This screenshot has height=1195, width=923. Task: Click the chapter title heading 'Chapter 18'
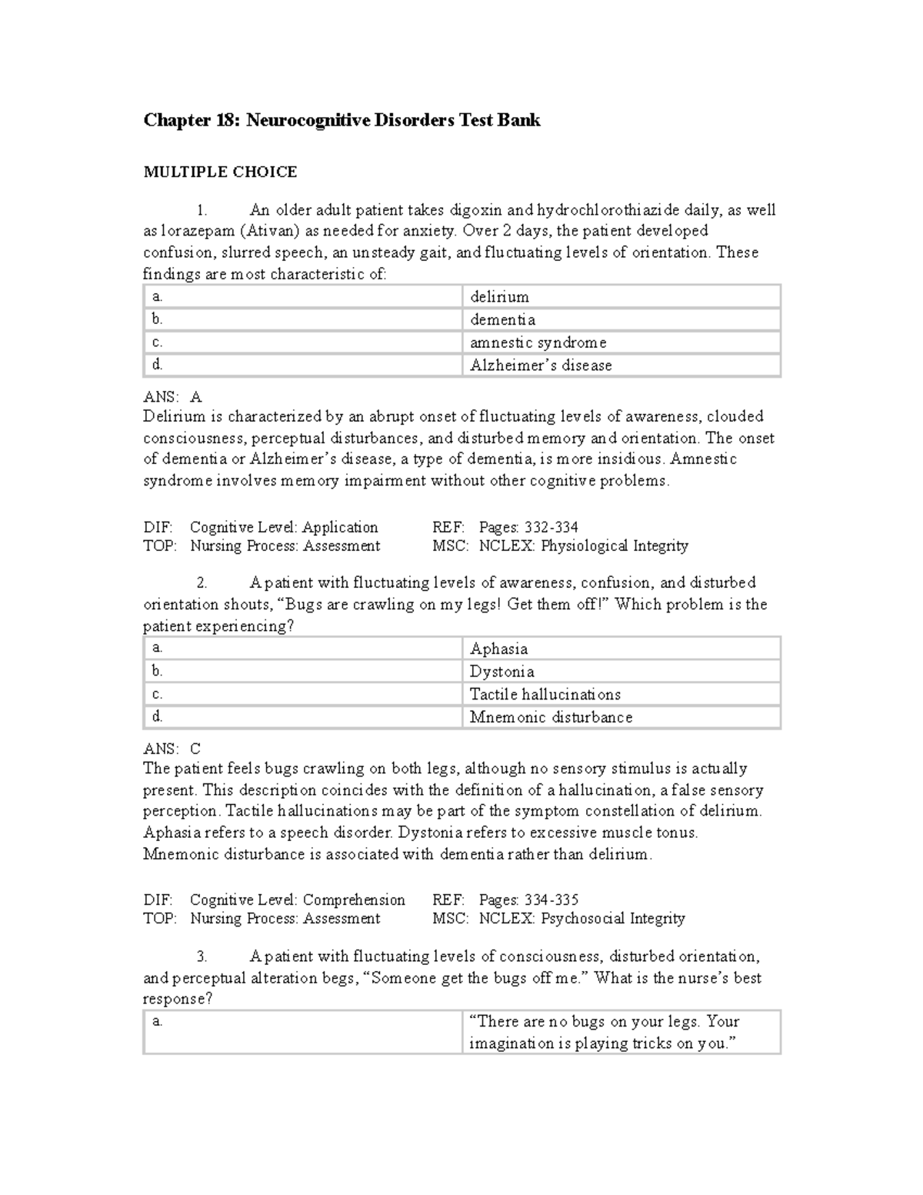342,120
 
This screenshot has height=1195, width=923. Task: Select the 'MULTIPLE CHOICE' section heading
220,172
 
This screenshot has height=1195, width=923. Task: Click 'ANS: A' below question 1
172,397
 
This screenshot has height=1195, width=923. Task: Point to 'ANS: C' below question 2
172,749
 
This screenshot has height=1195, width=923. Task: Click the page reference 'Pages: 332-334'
528,527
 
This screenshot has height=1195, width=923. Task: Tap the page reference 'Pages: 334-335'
528,900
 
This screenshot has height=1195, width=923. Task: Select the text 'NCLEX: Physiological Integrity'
583,546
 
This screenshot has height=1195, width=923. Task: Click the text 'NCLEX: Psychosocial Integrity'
581,918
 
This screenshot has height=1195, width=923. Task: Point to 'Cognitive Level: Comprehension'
297,900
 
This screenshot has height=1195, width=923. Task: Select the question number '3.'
202,956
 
